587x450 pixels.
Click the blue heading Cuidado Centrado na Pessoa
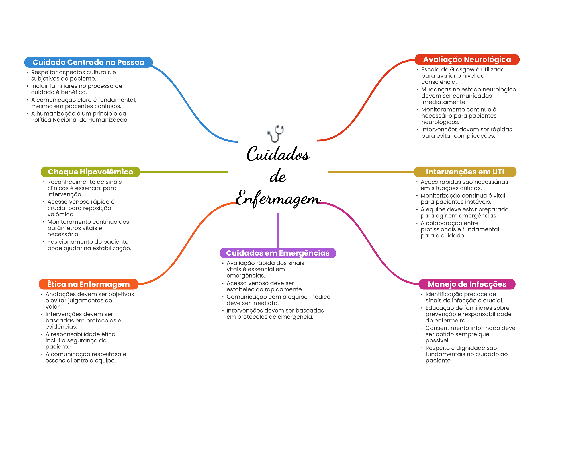(x=88, y=62)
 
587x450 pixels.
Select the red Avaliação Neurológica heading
(x=467, y=59)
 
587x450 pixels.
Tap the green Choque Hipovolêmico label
(x=90, y=172)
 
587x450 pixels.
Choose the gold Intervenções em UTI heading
(x=465, y=172)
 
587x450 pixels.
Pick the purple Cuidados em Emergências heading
(x=277, y=253)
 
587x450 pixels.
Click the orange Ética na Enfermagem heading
(x=88, y=284)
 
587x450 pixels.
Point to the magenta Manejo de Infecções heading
(x=467, y=284)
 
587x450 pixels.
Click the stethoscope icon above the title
(x=275, y=133)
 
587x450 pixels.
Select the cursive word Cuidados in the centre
(x=278, y=154)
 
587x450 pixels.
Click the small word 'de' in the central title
(x=278, y=176)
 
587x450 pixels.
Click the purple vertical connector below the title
(x=278, y=229)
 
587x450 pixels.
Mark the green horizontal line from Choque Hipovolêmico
(x=183, y=172)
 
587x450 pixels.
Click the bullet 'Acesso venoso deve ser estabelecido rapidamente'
(x=264, y=286)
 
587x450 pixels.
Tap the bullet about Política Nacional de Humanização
(x=80, y=117)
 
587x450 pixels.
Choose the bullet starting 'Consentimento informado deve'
(x=470, y=334)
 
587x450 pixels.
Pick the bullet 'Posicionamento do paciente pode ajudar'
(x=89, y=245)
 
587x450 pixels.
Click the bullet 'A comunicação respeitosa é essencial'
(x=85, y=357)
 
